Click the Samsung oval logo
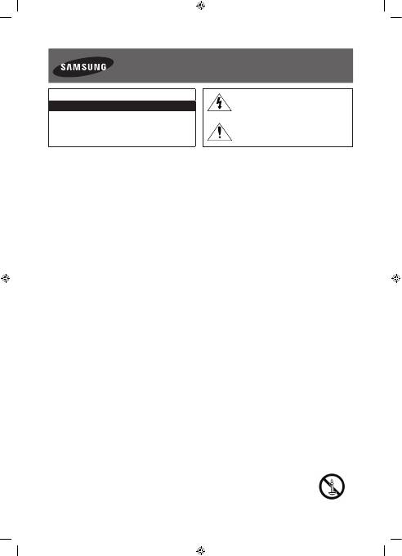[x=83, y=67]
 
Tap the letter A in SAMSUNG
[x=69, y=67]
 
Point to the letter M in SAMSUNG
[x=76, y=67]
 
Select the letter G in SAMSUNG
[x=103, y=67]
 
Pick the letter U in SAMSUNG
[x=88, y=67]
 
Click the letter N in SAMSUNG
[x=96, y=67]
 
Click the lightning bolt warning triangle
[x=220, y=103]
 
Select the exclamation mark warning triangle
[x=220, y=132]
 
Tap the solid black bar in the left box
[x=122, y=105]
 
